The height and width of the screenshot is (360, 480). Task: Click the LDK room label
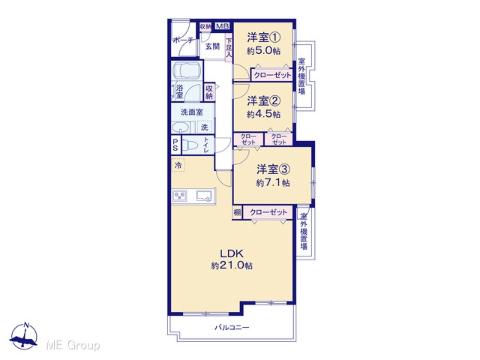232,253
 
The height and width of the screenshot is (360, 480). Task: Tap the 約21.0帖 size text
232,265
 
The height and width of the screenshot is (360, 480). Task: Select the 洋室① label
263,38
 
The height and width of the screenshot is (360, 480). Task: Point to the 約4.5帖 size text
263,114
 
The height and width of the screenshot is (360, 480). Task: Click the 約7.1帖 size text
273,183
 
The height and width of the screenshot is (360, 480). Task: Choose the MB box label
222,26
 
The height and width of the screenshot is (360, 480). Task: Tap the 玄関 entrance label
212,46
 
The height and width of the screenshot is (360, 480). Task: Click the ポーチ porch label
183,40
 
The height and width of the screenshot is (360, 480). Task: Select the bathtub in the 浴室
187,71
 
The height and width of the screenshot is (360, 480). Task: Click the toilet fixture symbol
190,144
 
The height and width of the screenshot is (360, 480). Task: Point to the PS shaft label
175,145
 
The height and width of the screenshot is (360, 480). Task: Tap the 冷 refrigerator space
178,165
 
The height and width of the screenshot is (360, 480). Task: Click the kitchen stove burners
179,196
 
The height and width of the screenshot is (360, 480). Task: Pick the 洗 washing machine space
205,127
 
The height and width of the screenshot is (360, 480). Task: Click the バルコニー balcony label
232,328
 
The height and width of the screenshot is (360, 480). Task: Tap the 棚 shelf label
237,212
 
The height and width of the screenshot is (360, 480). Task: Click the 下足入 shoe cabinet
229,48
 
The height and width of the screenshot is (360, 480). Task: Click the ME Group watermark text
73,345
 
